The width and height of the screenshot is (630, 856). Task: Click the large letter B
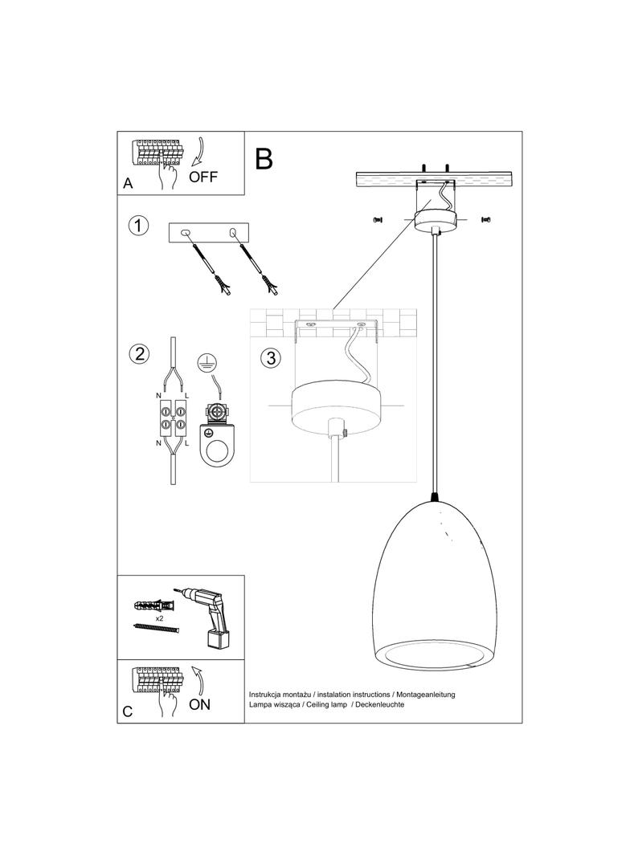(x=264, y=158)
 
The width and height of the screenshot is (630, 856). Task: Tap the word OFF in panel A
(x=203, y=177)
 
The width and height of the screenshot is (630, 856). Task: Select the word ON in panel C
(x=200, y=704)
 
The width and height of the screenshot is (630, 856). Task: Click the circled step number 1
(x=139, y=226)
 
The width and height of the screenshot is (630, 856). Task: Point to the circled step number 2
(x=139, y=353)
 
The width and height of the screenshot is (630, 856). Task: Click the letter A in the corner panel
(x=128, y=184)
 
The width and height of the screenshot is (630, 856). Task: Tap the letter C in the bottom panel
(x=128, y=711)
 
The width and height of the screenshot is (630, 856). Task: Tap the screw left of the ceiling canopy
(x=376, y=218)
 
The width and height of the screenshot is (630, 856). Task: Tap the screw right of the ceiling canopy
(x=485, y=218)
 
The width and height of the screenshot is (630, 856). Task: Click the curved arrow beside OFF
(x=202, y=153)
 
